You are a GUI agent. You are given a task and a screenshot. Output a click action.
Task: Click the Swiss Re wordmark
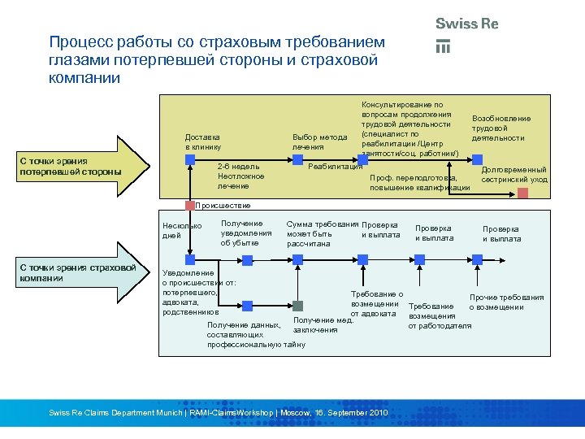click(466, 24)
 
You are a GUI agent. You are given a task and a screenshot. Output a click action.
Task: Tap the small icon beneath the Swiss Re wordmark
click(443, 46)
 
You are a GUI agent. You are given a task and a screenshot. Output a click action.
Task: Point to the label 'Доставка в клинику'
click(203, 141)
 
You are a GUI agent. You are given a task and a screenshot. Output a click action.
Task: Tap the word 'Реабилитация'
click(335, 166)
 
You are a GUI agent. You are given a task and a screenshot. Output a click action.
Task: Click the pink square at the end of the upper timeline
click(523, 193)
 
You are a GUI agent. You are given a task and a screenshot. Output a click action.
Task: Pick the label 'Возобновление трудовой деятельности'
click(500, 128)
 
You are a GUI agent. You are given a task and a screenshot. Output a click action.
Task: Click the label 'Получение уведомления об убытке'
click(246, 233)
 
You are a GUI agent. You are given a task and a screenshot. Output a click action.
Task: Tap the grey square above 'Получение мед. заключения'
click(298, 306)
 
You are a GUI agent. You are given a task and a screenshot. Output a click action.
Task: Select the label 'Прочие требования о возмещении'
click(506, 302)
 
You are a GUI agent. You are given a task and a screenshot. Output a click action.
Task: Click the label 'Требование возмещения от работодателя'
click(440, 316)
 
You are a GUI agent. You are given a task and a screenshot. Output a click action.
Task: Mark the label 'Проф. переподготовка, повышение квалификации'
click(419, 182)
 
